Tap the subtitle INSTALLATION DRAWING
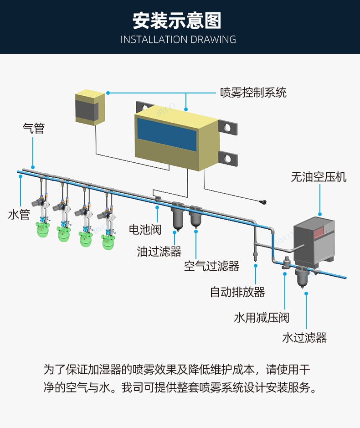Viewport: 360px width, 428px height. (178, 40)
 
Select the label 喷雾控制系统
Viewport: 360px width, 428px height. (253, 93)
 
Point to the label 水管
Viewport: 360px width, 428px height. (19, 214)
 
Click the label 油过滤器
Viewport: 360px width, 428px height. (159, 251)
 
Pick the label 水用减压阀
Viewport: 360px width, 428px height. (262, 317)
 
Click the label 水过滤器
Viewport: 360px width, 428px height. (304, 337)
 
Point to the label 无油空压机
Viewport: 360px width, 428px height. (319, 177)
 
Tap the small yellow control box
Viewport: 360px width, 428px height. (90, 107)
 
